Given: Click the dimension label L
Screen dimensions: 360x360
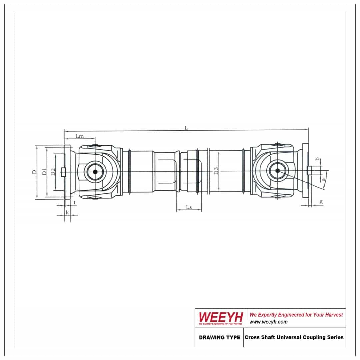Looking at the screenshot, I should pyautogui.click(x=186, y=127).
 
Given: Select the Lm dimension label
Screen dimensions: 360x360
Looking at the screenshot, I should pyautogui.click(x=80, y=136).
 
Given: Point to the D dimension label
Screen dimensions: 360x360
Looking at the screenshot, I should pyautogui.click(x=34, y=172).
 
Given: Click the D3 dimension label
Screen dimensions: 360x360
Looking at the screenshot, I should pyautogui.click(x=216, y=172).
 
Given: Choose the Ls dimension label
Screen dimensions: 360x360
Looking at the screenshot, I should pyautogui.click(x=189, y=207).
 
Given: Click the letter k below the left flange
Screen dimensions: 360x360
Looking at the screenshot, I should pyautogui.click(x=67, y=212).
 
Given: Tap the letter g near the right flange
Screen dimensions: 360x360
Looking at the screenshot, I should pyautogui.click(x=321, y=202).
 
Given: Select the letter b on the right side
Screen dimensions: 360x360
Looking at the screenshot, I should pyautogui.click(x=318, y=159).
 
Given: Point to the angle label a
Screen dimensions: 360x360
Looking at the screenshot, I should pyautogui.click(x=323, y=179).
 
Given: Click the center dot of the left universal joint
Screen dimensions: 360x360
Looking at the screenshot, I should pyautogui.click(x=95, y=172).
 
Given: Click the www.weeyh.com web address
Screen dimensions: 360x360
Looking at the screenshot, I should pyautogui.click(x=268, y=322).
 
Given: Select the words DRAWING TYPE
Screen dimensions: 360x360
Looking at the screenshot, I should pyautogui.click(x=219, y=337).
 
